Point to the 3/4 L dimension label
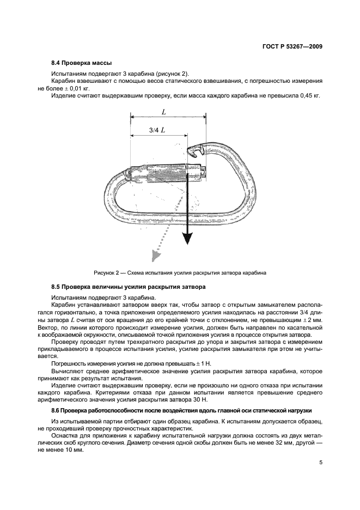point(157,130)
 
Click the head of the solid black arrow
point(187,239)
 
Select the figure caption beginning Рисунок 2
point(180,272)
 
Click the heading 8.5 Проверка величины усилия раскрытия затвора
point(128,287)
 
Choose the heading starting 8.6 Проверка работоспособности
point(182,409)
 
